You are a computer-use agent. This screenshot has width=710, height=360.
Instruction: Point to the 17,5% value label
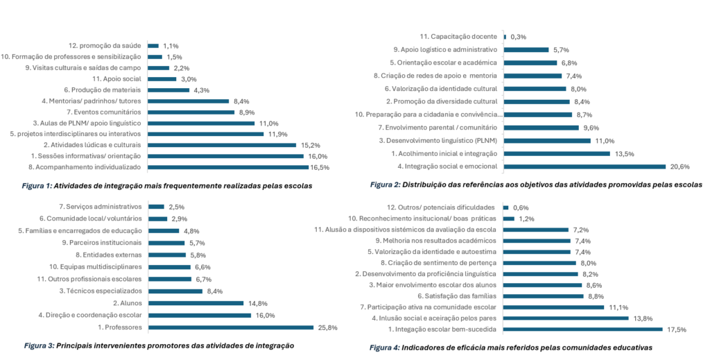pyautogui.click(x=675, y=329)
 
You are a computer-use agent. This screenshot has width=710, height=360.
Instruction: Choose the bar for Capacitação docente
pyautogui.click(x=505, y=37)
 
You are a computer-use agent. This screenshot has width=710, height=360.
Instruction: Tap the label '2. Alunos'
pyautogui.click(x=127, y=302)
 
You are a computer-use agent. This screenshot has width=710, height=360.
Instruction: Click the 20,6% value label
pyautogui.click(x=679, y=166)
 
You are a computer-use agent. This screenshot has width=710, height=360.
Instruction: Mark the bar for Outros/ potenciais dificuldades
pyautogui.click(x=506, y=207)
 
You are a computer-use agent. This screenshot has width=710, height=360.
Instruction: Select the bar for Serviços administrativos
pyautogui.click(x=156, y=206)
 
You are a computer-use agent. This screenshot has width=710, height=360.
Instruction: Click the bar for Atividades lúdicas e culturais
pyautogui.click(x=222, y=145)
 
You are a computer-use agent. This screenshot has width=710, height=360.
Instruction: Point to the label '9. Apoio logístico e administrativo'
pyautogui.click(x=445, y=50)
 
